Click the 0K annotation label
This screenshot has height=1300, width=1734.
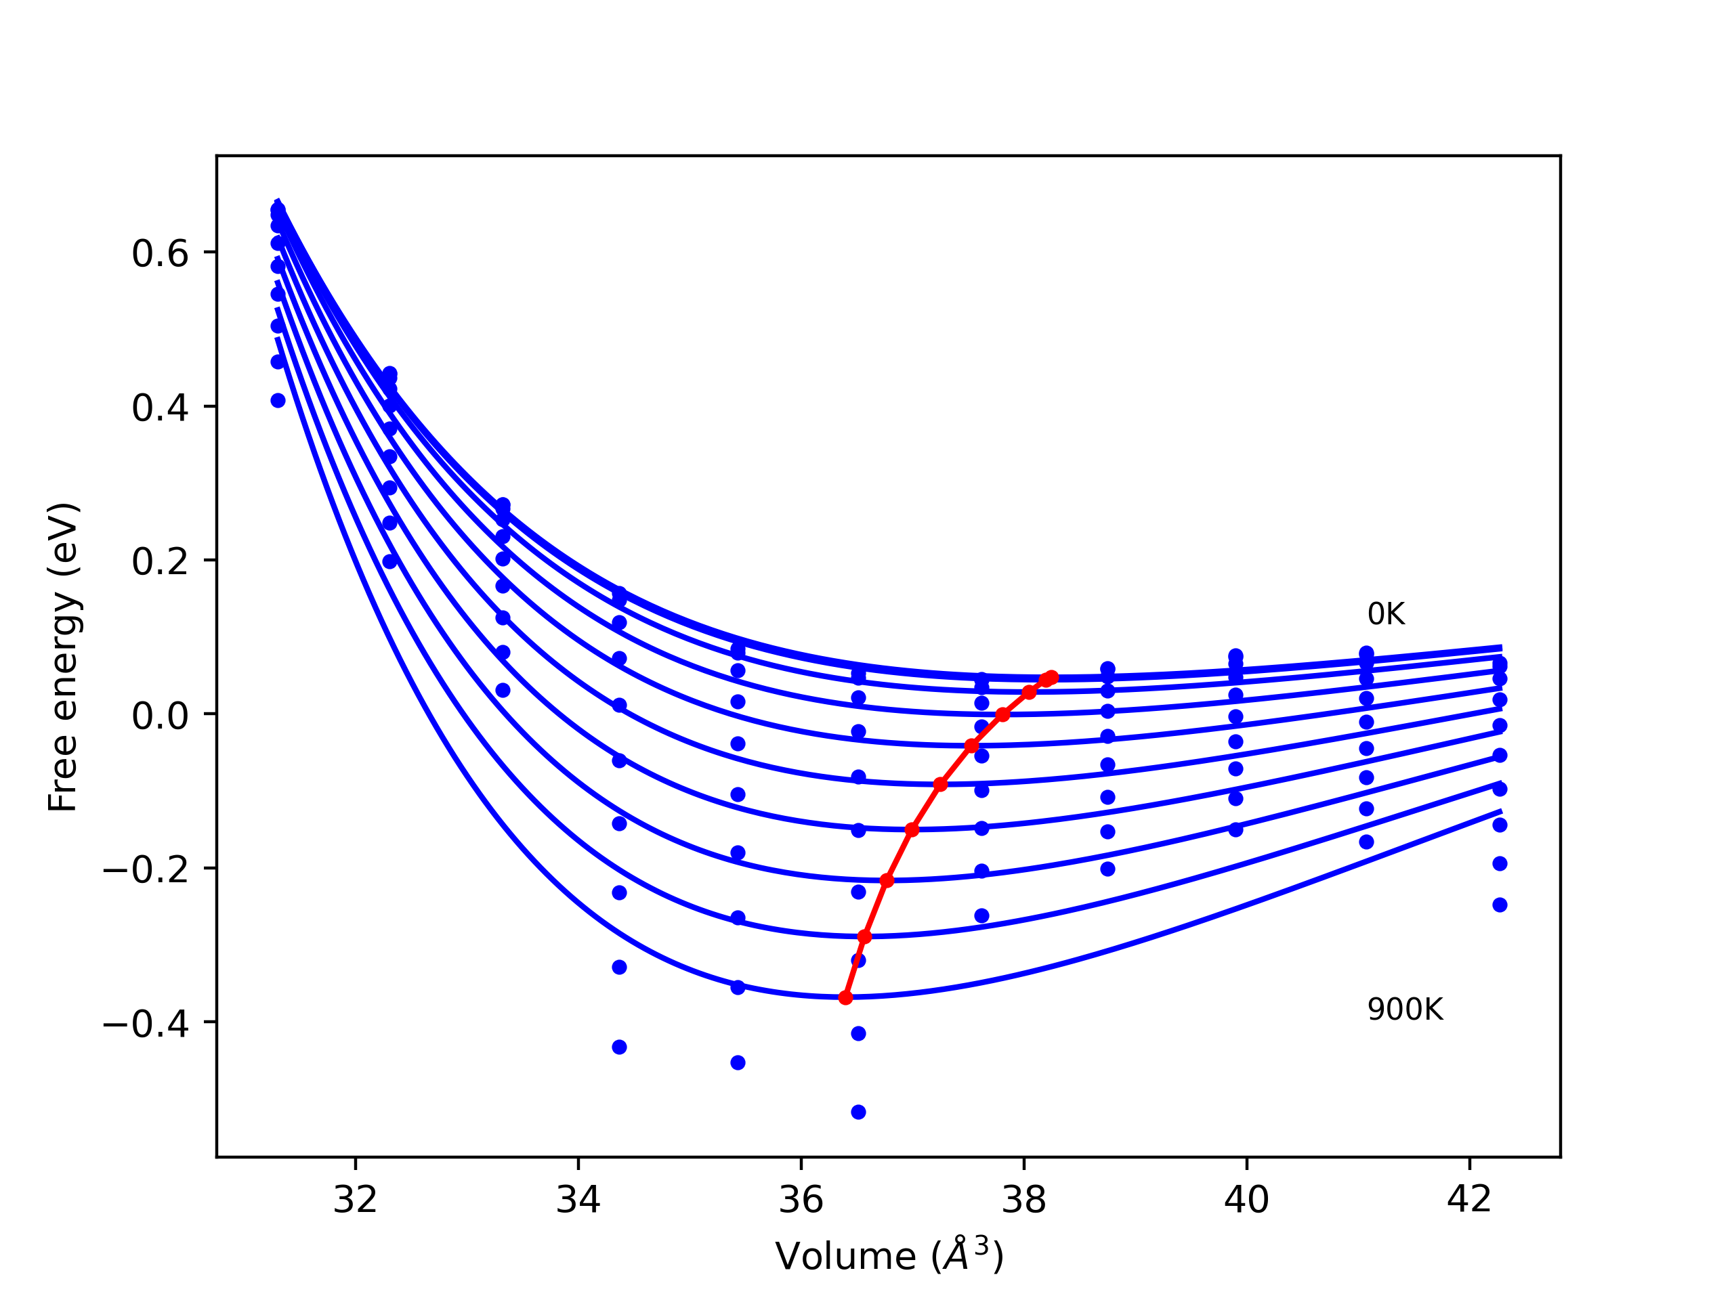1386,614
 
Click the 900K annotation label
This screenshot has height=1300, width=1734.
1405,1010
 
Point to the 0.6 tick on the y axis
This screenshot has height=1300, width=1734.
160,254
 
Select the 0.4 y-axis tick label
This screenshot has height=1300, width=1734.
160,408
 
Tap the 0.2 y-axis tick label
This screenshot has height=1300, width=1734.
160,562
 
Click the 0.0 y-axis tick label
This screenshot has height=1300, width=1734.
160,716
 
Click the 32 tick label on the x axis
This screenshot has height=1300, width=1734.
355,1200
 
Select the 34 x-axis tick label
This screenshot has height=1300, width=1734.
578,1200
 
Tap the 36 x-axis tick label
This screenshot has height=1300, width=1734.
801,1200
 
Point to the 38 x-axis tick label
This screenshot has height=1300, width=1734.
1023,1200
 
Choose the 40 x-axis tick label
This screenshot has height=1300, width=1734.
1246,1200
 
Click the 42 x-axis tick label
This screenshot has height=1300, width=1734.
1468,1200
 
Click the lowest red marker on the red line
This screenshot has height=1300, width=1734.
845,997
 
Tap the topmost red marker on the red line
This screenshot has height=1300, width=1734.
1051,677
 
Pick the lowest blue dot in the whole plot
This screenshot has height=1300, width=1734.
858,1112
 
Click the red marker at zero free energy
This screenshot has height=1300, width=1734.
1002,714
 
